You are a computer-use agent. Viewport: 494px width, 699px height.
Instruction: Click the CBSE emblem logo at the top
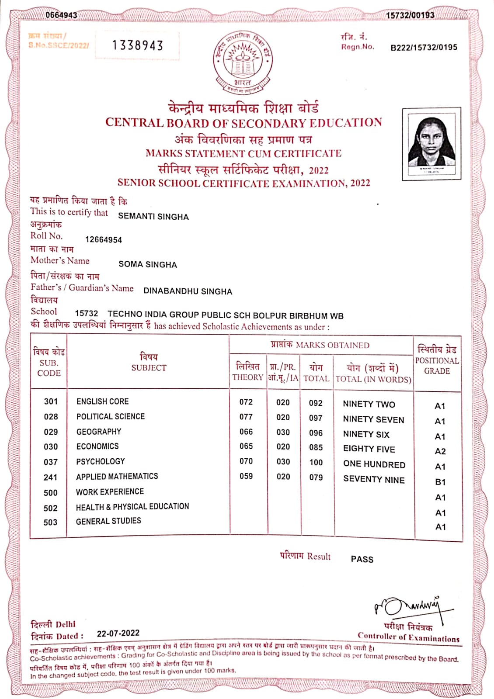tap(243, 61)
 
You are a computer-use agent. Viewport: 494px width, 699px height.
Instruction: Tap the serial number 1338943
tap(138, 45)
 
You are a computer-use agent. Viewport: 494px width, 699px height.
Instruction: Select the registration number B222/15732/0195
tap(424, 47)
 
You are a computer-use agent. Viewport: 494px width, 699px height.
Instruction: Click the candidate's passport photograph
tap(431, 143)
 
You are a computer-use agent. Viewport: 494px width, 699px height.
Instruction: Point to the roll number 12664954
tap(104, 240)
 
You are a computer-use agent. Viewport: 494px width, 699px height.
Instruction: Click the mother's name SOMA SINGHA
tap(148, 265)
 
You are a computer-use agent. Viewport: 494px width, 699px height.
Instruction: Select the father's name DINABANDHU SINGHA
tap(188, 291)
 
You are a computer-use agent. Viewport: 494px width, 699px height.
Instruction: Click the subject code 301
tap(51, 401)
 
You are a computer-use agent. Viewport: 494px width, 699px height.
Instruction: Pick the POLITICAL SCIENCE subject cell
tap(111, 417)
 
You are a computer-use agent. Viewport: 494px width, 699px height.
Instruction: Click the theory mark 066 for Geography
tap(246, 432)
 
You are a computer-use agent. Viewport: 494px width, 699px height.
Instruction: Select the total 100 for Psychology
tap(316, 462)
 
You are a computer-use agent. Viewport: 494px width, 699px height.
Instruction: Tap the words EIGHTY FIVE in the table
tap(369, 449)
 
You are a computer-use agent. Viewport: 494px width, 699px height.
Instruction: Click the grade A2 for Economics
tap(440, 451)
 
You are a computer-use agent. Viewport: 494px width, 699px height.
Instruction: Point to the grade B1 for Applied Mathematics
tap(440, 482)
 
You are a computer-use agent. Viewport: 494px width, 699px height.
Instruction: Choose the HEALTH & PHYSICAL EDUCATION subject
tap(132, 507)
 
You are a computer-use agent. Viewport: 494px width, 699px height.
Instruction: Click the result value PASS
tap(362, 559)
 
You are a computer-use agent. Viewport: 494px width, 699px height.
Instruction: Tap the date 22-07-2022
tap(118, 633)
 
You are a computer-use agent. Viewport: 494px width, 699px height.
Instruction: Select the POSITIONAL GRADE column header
tap(437, 360)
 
